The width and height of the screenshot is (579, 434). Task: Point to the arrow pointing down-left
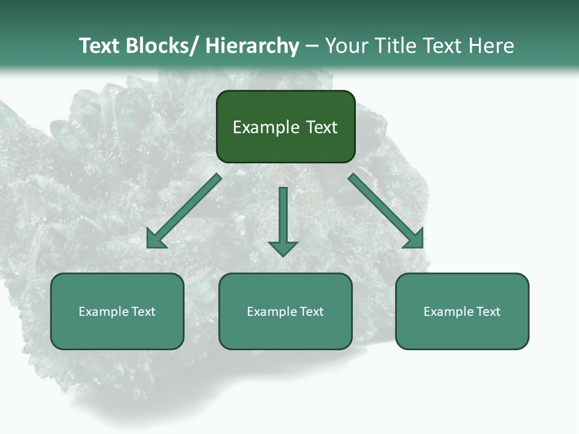(184, 211)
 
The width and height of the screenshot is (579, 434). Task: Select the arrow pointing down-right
(386, 211)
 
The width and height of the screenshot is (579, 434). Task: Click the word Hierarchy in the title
(252, 46)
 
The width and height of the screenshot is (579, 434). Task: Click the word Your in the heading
(346, 46)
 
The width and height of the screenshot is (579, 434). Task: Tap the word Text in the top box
(321, 127)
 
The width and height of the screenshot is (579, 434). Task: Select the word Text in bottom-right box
(488, 312)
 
